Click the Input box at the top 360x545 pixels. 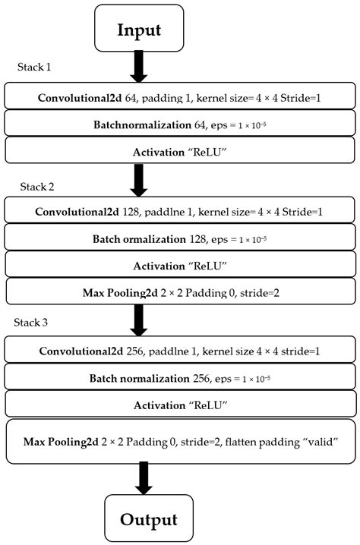pos(139,30)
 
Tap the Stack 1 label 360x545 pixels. pos(34,67)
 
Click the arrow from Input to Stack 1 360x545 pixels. pos(139,68)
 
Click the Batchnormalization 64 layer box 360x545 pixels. pos(179,124)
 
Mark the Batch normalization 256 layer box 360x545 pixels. pos(179,378)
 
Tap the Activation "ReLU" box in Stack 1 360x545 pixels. pos(179,150)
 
